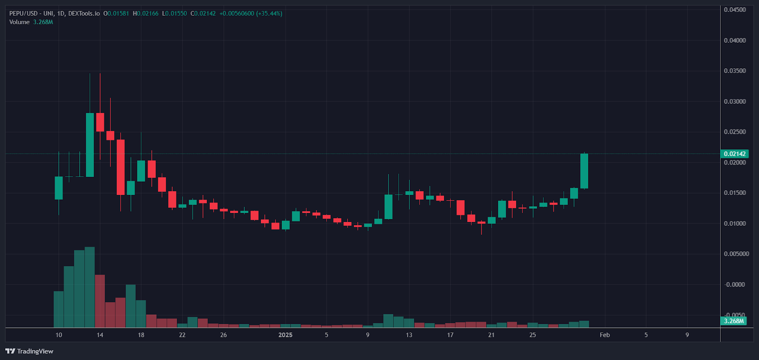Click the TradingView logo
(x=29, y=351)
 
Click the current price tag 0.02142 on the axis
(x=734, y=154)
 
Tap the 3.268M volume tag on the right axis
(x=733, y=321)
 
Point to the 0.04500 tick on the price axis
(x=734, y=9)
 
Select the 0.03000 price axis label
(x=734, y=102)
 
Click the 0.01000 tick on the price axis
(x=734, y=223)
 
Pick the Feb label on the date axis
(x=604, y=335)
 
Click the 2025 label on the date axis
(x=285, y=335)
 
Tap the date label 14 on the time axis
(x=100, y=335)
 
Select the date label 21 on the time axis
(x=491, y=335)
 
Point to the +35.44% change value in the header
(x=269, y=13)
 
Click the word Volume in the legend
(x=19, y=22)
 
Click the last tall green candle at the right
(x=584, y=171)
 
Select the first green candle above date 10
(x=59, y=188)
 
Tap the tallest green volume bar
(x=90, y=287)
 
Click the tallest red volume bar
(x=100, y=301)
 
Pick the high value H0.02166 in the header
(x=146, y=13)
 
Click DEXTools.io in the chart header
(x=84, y=13)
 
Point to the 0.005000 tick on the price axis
(x=736, y=254)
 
